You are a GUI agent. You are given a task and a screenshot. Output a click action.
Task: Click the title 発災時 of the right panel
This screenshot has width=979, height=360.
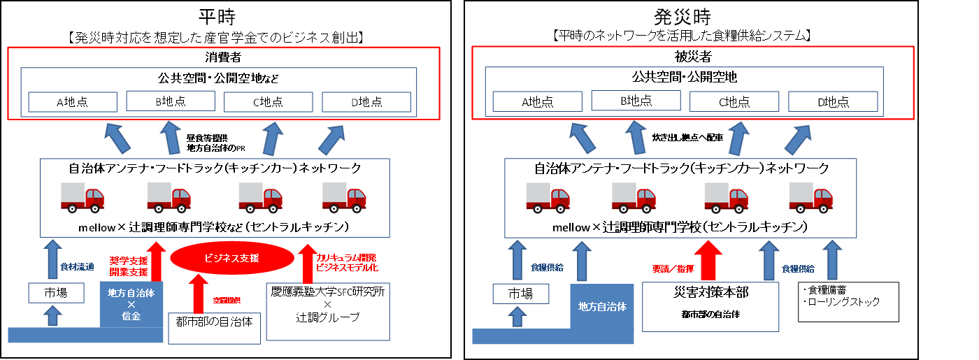click(684, 16)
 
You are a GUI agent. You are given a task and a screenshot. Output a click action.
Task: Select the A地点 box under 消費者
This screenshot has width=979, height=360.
click(73, 102)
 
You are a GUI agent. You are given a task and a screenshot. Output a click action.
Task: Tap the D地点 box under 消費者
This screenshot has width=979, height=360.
click(366, 102)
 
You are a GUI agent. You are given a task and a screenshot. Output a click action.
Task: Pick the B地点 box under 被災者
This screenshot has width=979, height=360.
click(636, 101)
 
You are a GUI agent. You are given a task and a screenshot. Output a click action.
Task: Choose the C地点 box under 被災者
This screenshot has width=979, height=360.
click(734, 102)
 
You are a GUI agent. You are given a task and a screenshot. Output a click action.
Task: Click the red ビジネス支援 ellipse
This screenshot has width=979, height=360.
click(231, 259)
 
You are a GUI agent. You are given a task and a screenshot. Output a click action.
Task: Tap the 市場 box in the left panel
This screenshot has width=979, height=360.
click(52, 293)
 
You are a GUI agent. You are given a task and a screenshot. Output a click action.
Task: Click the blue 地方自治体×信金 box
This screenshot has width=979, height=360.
click(131, 303)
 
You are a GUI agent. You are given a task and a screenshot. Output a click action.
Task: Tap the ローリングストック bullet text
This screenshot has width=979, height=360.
click(845, 302)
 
